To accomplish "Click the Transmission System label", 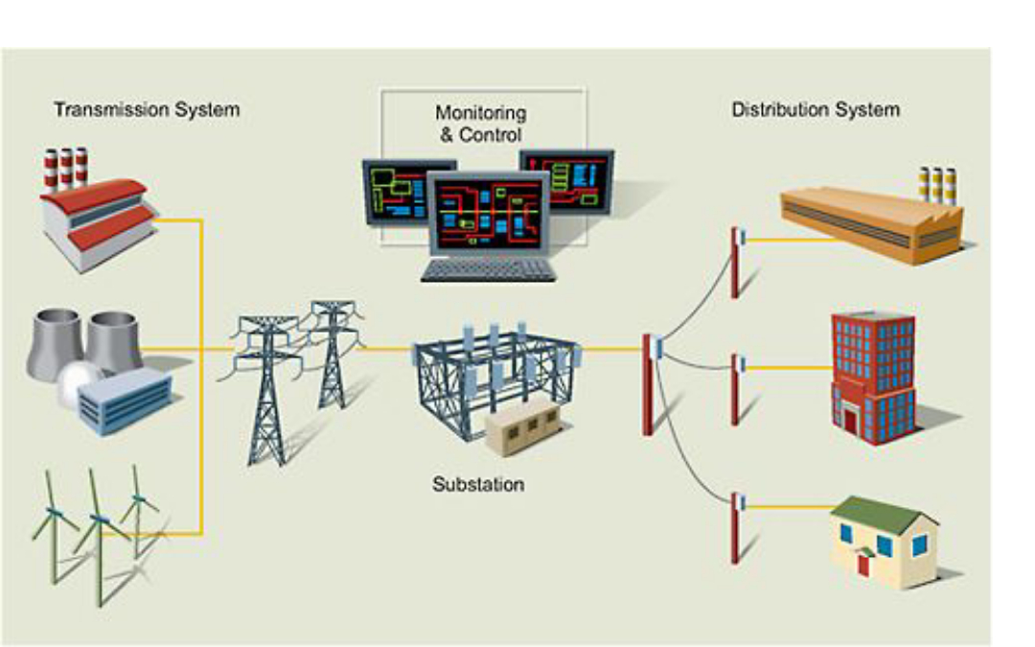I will (147, 109).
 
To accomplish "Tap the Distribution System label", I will (816, 109).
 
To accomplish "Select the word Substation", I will (478, 484).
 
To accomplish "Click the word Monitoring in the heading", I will (480, 113).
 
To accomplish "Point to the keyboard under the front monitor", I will (489, 270).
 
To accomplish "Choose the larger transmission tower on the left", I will (266, 383).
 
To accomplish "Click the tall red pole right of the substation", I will (649, 383).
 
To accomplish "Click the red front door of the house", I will (862, 566).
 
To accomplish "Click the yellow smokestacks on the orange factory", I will (937, 184).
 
